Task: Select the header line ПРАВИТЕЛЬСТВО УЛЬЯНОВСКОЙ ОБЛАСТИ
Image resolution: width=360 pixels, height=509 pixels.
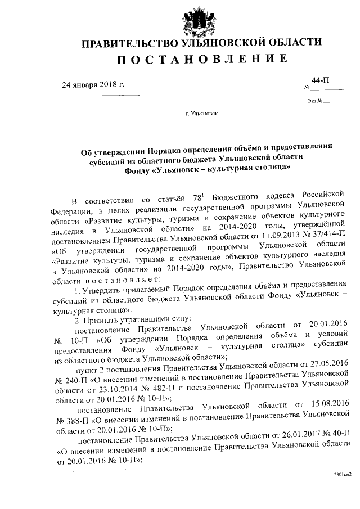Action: tap(202, 43)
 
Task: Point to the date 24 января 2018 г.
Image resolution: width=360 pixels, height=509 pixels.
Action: tap(92, 85)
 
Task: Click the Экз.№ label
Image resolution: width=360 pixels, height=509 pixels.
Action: tap(314, 101)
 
